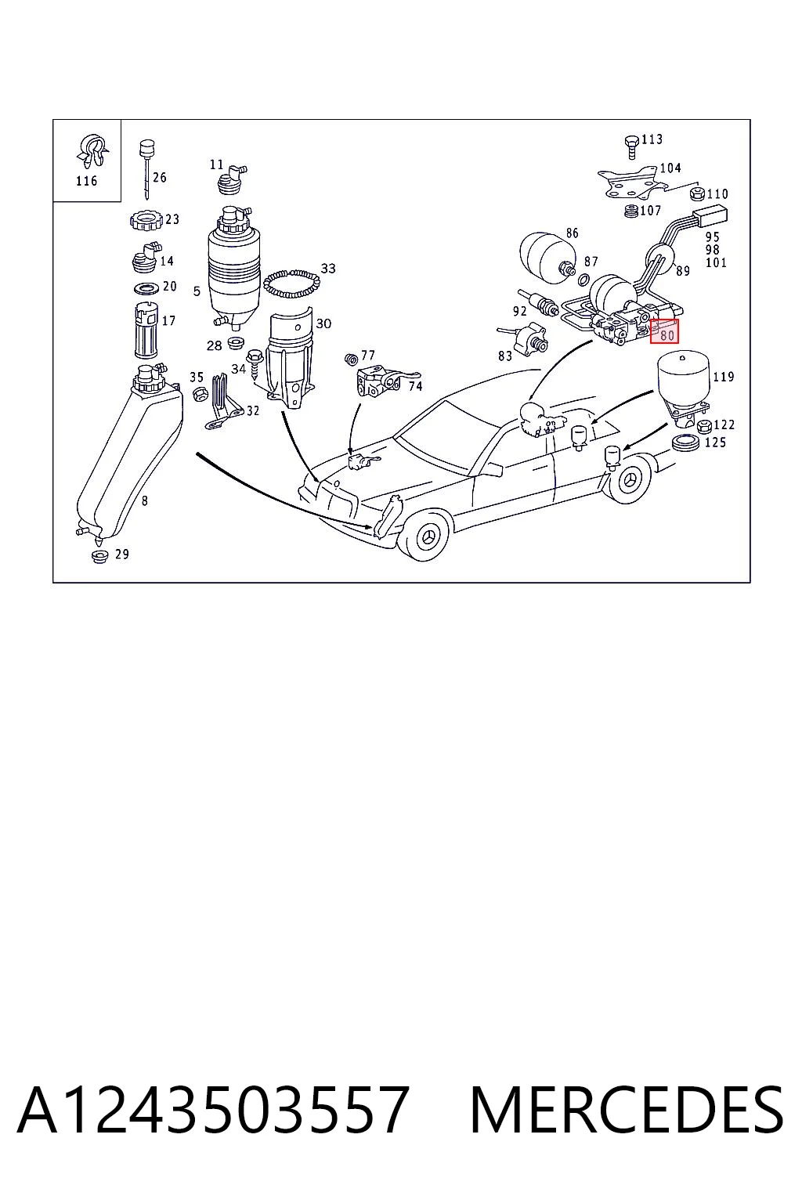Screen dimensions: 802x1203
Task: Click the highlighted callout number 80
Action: pos(666,336)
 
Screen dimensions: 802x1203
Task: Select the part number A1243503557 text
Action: pos(213,1110)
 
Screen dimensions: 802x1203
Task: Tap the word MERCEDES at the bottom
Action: pos(627,1110)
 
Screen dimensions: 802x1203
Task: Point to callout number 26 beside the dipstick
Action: pos(160,177)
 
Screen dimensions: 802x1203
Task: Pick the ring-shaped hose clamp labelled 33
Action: pos(291,284)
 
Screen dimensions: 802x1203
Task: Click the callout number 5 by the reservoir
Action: pos(197,291)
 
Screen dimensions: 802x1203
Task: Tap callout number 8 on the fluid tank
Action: pos(144,500)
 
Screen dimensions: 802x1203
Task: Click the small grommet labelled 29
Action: pos(99,556)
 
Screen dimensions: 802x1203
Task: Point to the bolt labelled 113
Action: pos(632,146)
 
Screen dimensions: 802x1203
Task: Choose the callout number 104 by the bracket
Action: pos(670,168)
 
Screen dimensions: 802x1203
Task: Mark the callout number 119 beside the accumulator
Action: pos(723,377)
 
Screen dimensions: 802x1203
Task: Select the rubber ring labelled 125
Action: pos(686,443)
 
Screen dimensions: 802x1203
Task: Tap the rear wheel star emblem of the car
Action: pos(630,478)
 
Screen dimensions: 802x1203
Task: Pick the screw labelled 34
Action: pos(253,365)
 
